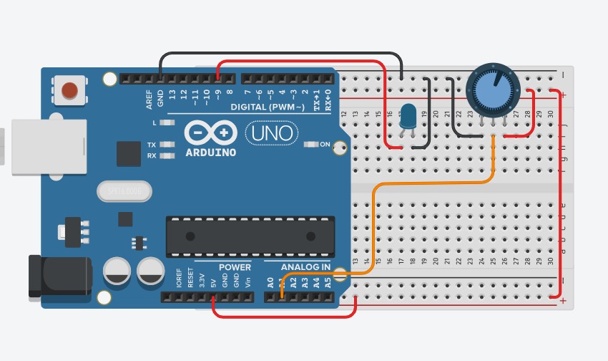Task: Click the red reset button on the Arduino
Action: click(69, 90)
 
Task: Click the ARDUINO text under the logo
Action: click(210, 153)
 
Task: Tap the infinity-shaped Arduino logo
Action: click(210, 133)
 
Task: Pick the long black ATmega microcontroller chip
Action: click(250, 236)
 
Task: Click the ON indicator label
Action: click(325, 145)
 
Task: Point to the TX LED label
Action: click(152, 145)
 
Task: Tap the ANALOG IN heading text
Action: click(305, 267)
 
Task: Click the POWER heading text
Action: click(235, 267)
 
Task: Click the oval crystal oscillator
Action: click(124, 191)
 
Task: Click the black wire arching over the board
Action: click(279, 54)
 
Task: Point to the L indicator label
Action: click(154, 122)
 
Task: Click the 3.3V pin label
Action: click(202, 279)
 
